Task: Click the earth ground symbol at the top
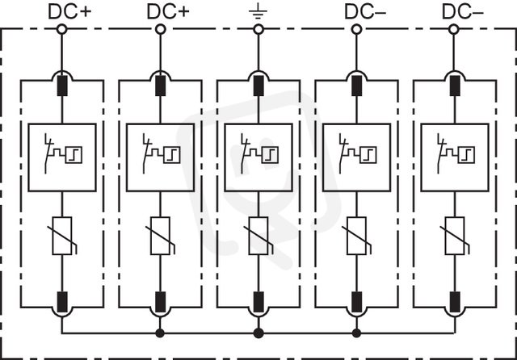pos(258,12)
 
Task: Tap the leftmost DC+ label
pos(69,11)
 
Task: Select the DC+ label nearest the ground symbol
pos(168,11)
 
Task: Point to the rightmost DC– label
pos(463,11)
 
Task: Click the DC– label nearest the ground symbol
pos(365,11)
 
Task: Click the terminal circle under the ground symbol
pos(258,29)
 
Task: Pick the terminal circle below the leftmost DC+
pos(61,29)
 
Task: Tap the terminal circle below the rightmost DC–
pos(454,29)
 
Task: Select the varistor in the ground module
pos(258,236)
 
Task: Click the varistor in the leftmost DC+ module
pos(62,236)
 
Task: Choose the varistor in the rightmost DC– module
pos(455,236)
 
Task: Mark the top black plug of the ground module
pos(258,86)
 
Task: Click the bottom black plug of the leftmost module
pos(62,302)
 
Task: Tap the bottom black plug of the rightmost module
pos(455,302)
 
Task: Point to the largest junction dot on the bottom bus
pos(258,333)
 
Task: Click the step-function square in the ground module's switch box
pos(270,155)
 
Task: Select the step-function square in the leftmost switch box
pos(74,155)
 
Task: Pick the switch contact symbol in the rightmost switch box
pos(442,153)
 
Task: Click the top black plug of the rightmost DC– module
pos(455,86)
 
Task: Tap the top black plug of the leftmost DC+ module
pos(62,86)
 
